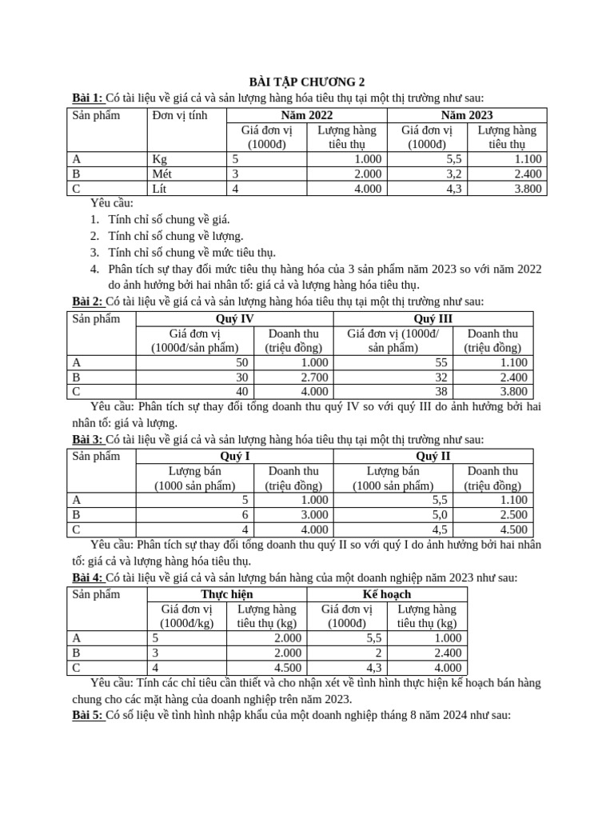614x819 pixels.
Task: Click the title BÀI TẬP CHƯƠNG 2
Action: click(306, 82)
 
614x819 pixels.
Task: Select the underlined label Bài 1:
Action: click(87, 98)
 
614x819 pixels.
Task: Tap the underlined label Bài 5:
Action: click(87, 714)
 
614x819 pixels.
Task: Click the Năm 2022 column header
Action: click(307, 115)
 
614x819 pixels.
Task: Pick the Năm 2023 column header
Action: click(467, 115)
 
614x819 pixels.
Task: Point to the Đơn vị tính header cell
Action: click(179, 115)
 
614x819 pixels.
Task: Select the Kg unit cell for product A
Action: click(160, 159)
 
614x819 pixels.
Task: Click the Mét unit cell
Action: click(162, 174)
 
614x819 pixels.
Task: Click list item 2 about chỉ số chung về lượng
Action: click(175, 235)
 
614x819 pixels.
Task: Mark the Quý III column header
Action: click(433, 318)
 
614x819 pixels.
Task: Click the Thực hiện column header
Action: click(227, 594)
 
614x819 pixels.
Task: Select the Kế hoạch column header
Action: click(387, 594)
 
